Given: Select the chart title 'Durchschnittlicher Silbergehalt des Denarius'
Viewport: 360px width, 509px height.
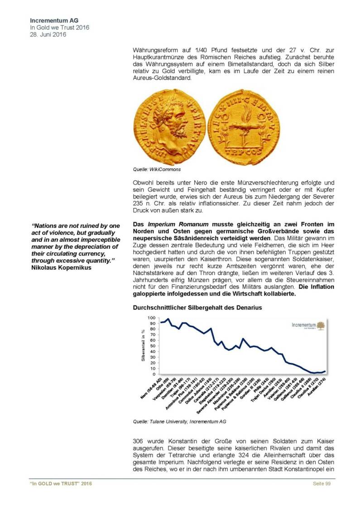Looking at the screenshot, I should (x=197, y=308).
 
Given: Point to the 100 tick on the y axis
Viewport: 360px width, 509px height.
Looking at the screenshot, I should (x=152, y=318).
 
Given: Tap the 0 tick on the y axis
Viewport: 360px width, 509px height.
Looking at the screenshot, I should (x=154, y=374).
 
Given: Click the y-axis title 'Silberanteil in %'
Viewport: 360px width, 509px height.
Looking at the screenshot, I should (x=143, y=346).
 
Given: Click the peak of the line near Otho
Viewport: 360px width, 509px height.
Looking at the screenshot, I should (x=168, y=319).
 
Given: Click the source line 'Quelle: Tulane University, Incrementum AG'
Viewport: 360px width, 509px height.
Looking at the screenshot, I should (x=179, y=421).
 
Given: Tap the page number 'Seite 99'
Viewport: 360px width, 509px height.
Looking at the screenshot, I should (x=322, y=484).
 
